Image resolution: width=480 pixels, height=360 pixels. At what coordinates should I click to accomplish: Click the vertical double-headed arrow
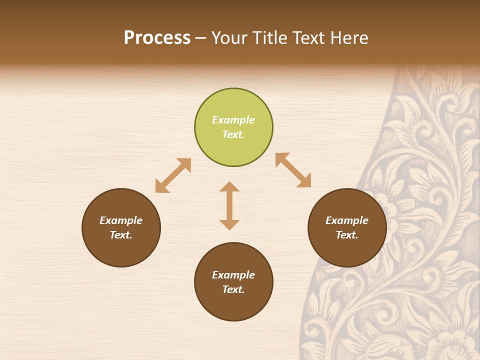(x=229, y=205)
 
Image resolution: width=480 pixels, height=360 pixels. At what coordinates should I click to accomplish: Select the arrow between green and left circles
(x=173, y=175)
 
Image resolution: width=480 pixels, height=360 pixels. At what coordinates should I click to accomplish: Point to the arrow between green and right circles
(x=293, y=170)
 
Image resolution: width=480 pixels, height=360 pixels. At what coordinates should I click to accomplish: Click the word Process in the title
(x=157, y=38)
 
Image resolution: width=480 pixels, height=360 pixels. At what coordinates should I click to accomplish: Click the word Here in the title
(x=348, y=38)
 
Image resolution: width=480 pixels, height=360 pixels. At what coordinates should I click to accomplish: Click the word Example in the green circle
(x=233, y=120)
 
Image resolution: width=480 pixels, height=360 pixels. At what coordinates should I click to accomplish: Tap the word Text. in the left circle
(x=121, y=235)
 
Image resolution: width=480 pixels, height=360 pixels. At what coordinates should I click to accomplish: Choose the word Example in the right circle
(x=347, y=220)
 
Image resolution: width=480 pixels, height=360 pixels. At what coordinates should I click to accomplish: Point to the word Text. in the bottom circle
(x=233, y=289)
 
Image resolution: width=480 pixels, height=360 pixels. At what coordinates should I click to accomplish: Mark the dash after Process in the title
(x=201, y=38)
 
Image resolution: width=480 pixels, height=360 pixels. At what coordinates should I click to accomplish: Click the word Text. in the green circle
(x=233, y=134)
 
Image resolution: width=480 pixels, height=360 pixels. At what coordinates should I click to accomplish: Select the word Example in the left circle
(x=121, y=220)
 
